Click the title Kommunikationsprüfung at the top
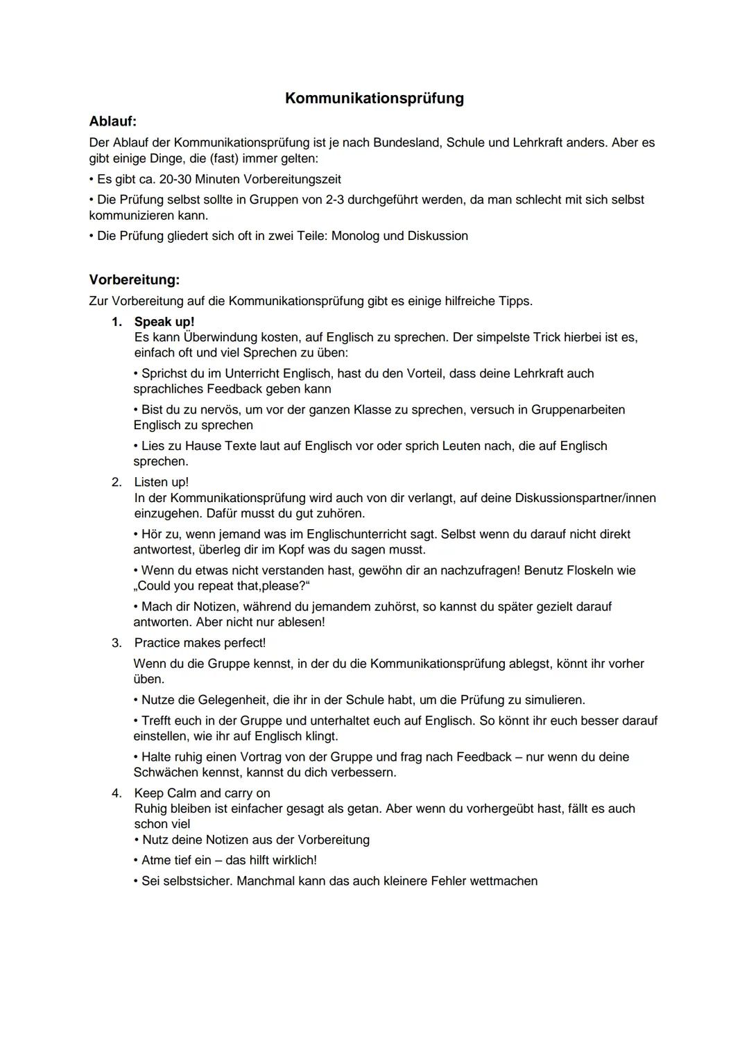click(374, 98)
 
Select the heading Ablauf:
click(113, 121)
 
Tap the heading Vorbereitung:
click(135, 280)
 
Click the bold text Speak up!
click(164, 322)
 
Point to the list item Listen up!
click(161, 482)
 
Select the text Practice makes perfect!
click(200, 643)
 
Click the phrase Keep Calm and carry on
click(202, 793)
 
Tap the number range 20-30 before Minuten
click(175, 179)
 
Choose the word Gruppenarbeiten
click(578, 409)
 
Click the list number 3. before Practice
click(117, 643)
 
